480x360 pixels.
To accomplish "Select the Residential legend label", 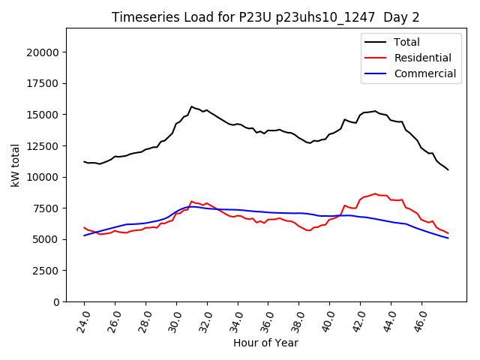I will coord(423,58).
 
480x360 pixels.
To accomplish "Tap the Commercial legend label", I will coord(425,73).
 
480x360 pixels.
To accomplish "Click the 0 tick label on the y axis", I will coord(57,301).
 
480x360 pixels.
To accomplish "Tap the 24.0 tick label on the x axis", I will coord(84,318).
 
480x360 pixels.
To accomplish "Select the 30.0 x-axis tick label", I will coord(176,318).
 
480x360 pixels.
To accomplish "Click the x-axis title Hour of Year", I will coord(265,343).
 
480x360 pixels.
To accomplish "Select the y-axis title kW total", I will coord(15,165).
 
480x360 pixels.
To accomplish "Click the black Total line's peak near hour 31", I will coord(191,106).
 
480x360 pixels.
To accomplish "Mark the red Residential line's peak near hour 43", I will coord(375,193).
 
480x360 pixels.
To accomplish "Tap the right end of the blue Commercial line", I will coord(448,238).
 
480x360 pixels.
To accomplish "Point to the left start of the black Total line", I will coord(84,161).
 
